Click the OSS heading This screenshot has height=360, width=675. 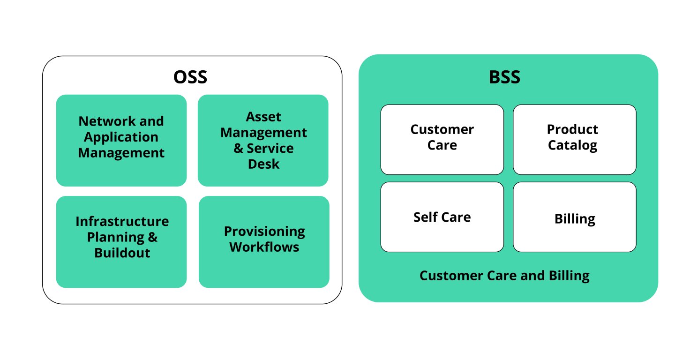190,77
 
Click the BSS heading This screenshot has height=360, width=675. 504,77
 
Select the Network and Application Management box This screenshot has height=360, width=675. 121,140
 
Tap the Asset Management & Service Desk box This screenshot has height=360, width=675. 263,140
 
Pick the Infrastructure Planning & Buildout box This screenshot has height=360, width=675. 121,241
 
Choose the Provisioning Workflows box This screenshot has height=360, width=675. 264,241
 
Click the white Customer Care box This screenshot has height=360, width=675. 442,139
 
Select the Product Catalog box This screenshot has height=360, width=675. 574,139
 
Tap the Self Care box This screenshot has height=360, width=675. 442,217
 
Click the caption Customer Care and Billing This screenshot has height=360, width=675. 504,275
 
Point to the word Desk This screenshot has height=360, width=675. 263,164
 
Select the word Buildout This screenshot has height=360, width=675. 122,253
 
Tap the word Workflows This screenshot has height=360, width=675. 264,247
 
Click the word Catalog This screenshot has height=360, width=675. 572,145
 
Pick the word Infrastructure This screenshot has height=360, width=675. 122,221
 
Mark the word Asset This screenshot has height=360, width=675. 263,116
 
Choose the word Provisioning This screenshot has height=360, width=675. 264,231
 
